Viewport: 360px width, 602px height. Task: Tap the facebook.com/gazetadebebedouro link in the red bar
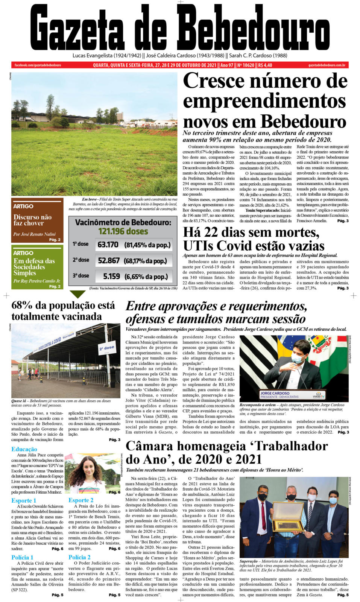coord(38,65)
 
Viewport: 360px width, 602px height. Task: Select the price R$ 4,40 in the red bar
coord(265,65)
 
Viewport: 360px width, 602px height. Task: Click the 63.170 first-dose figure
coord(108,245)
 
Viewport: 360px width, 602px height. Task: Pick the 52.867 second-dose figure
coord(109,260)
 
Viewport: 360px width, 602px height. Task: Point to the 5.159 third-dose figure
coord(111,276)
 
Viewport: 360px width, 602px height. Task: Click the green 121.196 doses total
coord(123,231)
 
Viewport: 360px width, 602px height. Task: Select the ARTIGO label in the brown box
coord(23,206)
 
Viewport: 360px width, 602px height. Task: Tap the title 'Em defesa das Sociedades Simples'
coord(34,267)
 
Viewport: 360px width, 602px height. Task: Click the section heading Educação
coord(24,449)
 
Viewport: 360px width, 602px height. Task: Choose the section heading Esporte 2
coord(81,500)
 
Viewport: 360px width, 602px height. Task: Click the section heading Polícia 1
coord(22,557)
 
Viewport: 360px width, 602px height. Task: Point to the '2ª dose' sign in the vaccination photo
coord(106,348)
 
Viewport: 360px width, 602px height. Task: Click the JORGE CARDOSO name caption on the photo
coord(275,393)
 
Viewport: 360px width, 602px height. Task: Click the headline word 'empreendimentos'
coord(264,101)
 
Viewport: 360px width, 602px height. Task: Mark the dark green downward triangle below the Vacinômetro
coord(77,294)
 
